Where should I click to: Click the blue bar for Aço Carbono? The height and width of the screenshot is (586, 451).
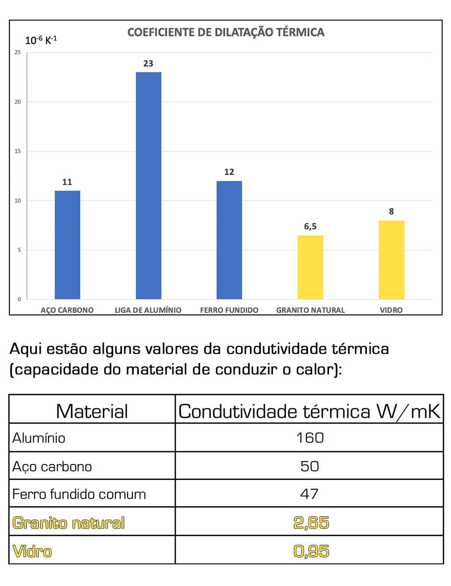[67, 245]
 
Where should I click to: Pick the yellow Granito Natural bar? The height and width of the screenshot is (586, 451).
[310, 267]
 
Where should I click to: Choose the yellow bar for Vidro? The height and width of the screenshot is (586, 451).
[391, 259]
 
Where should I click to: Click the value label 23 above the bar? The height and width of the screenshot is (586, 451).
[148, 64]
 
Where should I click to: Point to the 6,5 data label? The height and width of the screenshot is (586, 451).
[310, 227]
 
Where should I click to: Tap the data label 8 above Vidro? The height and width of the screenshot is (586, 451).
[391, 212]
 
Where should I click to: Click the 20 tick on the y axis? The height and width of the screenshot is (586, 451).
[18, 102]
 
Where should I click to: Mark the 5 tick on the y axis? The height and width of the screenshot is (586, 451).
[19, 250]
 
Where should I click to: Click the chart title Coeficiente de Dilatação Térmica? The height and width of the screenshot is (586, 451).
[226, 32]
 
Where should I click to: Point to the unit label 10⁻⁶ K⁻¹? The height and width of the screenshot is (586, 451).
[41, 40]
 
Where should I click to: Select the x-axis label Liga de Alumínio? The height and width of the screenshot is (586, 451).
[148, 310]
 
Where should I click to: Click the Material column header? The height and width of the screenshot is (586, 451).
[92, 411]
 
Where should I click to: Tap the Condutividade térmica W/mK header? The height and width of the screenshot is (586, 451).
[309, 411]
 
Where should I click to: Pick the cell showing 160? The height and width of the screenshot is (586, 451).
[310, 438]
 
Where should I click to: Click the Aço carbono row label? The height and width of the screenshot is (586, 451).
[52, 466]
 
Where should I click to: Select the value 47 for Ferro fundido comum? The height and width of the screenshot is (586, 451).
[309, 494]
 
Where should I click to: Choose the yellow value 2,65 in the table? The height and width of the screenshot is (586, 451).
[311, 522]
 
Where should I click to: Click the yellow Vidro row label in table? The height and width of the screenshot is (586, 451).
[32, 551]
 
